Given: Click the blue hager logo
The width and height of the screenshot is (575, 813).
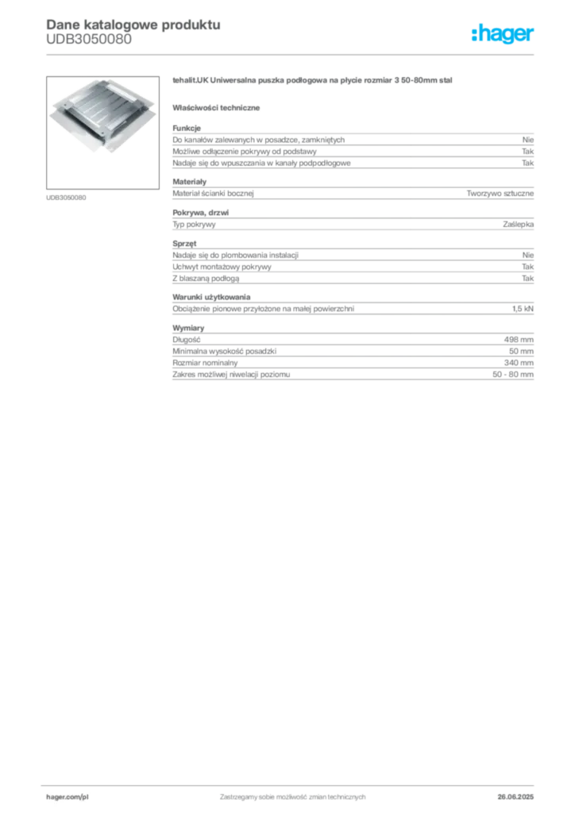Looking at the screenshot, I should (x=504, y=35).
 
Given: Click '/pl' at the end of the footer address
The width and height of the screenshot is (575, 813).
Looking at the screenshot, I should (x=83, y=796).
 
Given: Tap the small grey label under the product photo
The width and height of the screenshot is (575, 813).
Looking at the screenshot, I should (x=66, y=197).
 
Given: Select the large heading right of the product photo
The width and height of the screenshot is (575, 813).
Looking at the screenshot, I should (x=314, y=82).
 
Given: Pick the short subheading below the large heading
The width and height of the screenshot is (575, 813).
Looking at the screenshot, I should (x=218, y=108).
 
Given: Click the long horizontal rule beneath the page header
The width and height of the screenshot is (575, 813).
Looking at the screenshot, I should (x=292, y=54).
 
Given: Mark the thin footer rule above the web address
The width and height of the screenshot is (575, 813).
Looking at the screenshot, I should (x=292, y=784).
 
